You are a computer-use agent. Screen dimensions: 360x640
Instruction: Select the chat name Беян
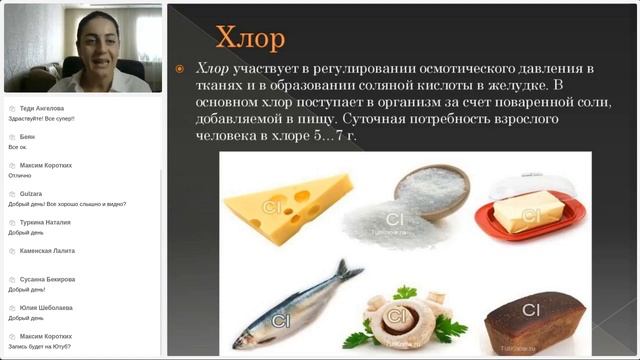(x=27, y=137)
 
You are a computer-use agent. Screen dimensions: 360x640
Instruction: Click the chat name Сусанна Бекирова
(x=47, y=279)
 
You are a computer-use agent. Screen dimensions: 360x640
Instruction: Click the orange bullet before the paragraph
(x=180, y=69)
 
